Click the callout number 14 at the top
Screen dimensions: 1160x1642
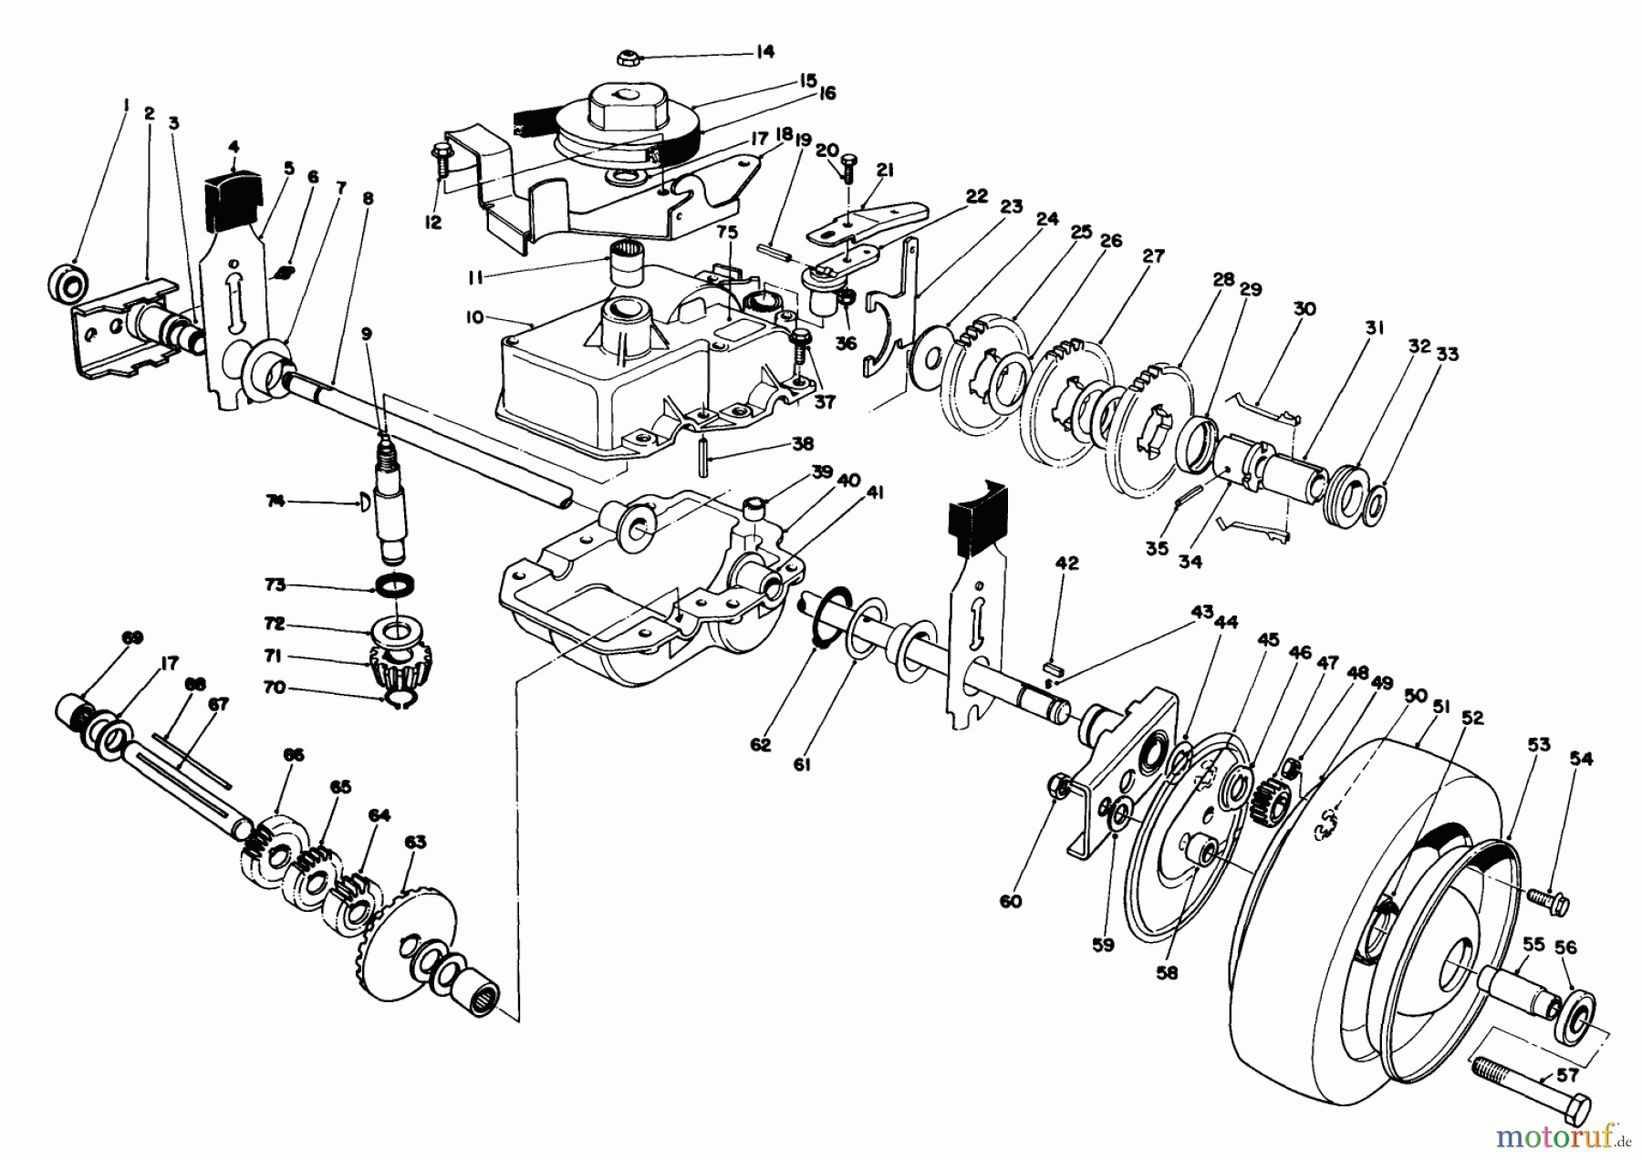(764, 52)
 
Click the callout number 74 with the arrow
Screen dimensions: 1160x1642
(277, 501)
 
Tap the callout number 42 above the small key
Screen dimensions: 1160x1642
(1065, 564)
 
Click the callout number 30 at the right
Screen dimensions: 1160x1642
(1304, 309)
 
